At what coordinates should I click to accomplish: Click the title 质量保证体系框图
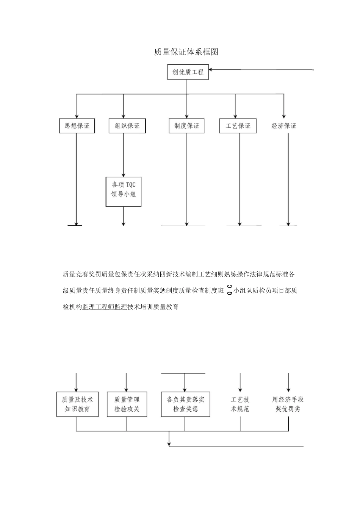(x=186, y=52)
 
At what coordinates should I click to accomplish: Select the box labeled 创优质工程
(x=188, y=72)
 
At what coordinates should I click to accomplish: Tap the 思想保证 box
(x=77, y=126)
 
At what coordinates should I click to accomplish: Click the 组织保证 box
(x=127, y=126)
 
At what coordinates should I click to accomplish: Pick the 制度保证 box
(x=186, y=126)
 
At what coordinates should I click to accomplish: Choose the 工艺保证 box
(x=238, y=126)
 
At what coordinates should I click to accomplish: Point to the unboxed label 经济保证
(x=284, y=126)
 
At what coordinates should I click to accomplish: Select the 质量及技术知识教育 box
(x=77, y=404)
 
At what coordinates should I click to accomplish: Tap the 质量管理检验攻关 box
(x=127, y=404)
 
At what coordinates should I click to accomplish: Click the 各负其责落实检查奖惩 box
(x=185, y=404)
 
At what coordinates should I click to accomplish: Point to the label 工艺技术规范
(x=240, y=404)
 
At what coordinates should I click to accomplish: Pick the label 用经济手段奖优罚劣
(x=288, y=404)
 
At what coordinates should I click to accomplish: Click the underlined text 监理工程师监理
(x=105, y=307)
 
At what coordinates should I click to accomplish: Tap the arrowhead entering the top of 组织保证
(x=124, y=116)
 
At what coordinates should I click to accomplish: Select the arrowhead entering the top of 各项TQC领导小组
(x=124, y=174)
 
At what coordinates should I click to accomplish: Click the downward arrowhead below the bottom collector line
(x=169, y=443)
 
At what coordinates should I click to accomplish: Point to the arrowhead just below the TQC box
(x=124, y=223)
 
